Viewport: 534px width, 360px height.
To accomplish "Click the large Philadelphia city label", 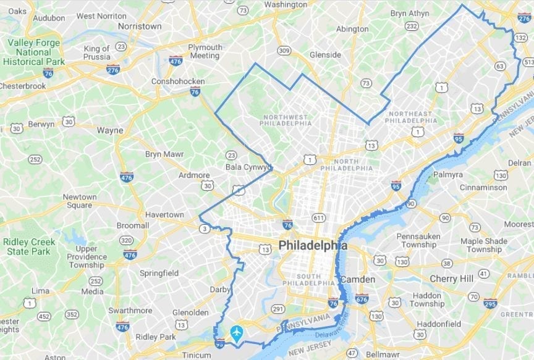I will [x=313, y=246].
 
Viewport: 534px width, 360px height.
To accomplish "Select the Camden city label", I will [x=358, y=279].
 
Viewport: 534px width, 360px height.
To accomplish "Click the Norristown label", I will [x=140, y=26].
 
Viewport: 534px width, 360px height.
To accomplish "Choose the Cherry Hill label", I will [x=451, y=279].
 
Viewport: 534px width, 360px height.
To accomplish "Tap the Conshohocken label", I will [x=178, y=82].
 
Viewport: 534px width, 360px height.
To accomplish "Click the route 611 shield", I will [x=319, y=217].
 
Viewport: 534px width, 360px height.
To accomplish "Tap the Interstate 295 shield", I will [x=490, y=303].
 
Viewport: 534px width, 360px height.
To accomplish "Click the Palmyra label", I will [x=448, y=175].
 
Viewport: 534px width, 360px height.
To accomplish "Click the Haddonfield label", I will [x=438, y=324].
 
